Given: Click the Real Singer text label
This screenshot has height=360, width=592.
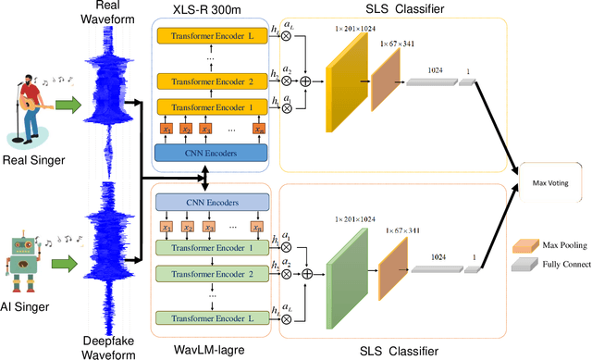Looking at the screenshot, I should (x=32, y=160).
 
